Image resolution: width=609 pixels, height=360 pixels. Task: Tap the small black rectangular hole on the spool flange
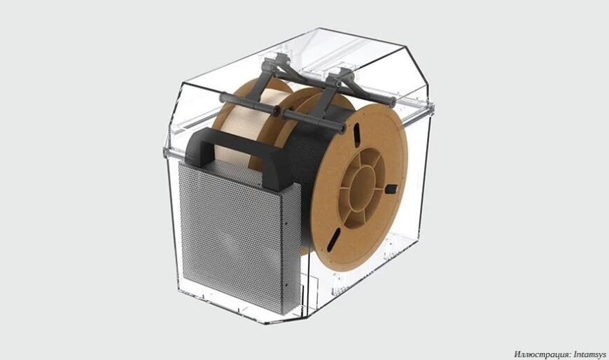391,189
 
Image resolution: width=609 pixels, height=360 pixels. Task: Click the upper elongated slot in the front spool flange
357,136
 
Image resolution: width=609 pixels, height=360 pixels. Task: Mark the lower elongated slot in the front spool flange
334,240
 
